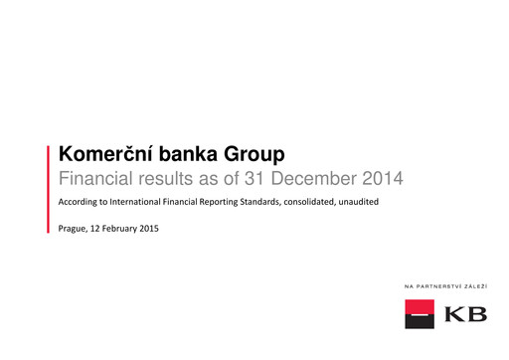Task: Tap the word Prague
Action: [74, 229]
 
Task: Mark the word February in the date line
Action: [118, 229]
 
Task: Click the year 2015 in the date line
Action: [149, 229]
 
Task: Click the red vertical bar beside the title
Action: [50, 189]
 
